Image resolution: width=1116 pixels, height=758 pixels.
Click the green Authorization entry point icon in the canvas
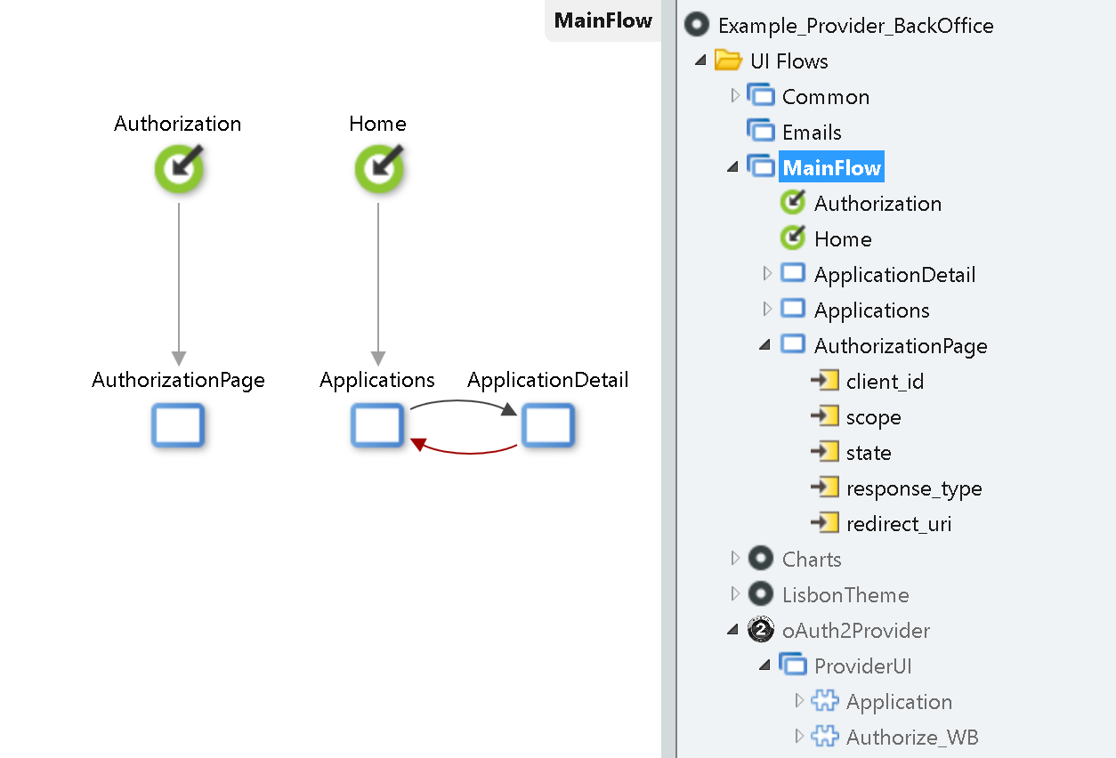point(179,169)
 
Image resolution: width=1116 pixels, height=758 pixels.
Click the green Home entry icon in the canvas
point(379,169)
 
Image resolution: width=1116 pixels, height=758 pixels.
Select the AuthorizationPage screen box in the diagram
point(178,425)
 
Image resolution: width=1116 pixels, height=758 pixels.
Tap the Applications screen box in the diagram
point(377,425)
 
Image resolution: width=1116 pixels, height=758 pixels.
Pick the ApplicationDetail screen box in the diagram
point(547,425)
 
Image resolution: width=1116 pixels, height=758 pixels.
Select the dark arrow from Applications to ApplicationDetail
point(463,401)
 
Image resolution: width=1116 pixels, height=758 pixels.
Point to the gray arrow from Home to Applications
point(378,285)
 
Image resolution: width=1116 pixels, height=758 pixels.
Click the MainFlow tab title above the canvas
point(602,20)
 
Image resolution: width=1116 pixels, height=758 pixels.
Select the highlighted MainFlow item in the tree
point(831,168)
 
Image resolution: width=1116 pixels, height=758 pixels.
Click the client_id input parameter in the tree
point(885,382)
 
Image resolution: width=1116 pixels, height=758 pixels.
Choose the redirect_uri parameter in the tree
point(898,524)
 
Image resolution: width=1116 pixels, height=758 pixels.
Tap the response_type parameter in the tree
point(913,488)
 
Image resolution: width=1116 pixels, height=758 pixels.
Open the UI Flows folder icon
point(728,61)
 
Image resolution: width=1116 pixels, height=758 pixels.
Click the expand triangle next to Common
point(735,95)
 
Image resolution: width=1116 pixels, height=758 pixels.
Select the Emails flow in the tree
point(811,133)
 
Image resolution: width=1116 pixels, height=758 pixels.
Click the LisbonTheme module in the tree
point(845,595)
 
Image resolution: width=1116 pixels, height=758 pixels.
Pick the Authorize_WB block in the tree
point(911,738)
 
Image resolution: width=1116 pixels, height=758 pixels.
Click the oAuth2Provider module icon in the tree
point(761,630)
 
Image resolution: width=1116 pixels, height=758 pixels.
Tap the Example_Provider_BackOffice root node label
point(855,26)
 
